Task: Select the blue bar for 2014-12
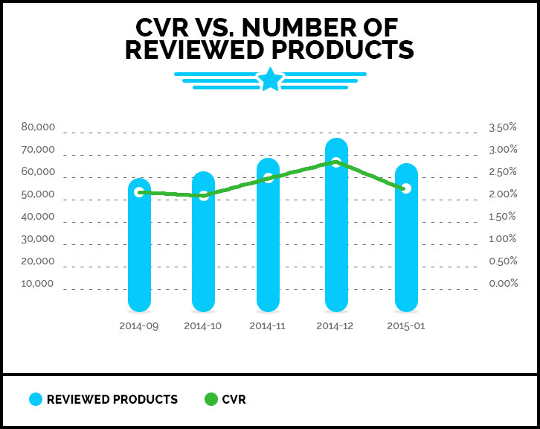pyautogui.click(x=336, y=231)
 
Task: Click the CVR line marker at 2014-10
pyautogui.click(x=203, y=195)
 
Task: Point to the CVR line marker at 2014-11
pyautogui.click(x=268, y=177)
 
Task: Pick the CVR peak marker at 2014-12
pyautogui.click(x=336, y=162)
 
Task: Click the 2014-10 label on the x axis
pyautogui.click(x=203, y=326)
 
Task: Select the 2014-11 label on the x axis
pyautogui.click(x=269, y=326)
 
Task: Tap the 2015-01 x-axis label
pyautogui.click(x=406, y=326)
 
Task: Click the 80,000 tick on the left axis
pyautogui.click(x=38, y=127)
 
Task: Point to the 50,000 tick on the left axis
pyautogui.click(x=38, y=194)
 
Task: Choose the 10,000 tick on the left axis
pyautogui.click(x=38, y=284)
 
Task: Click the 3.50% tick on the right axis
pyautogui.click(x=503, y=127)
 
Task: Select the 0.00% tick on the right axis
pyautogui.click(x=503, y=284)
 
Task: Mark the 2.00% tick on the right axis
pyautogui.click(x=503, y=194)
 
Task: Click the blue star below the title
pyautogui.click(x=270, y=80)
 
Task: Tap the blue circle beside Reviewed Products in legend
pyautogui.click(x=36, y=399)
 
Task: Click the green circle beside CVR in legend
pyautogui.click(x=210, y=399)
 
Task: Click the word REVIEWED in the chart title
pyautogui.click(x=191, y=50)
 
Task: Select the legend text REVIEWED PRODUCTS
pyautogui.click(x=112, y=399)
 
